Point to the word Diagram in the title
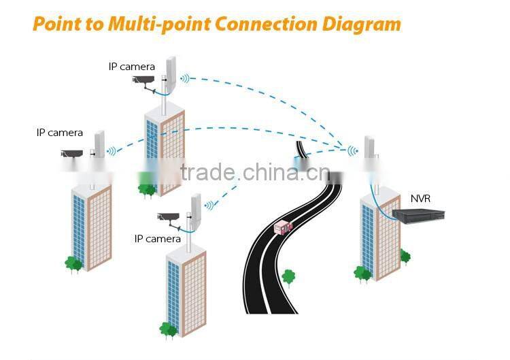pos(360,24)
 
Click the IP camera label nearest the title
pos(131,66)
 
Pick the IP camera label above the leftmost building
pos(60,133)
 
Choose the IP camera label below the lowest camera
pos(158,239)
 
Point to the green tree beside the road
pos(288,276)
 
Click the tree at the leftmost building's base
pos(73,263)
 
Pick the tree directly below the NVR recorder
pos(405,256)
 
